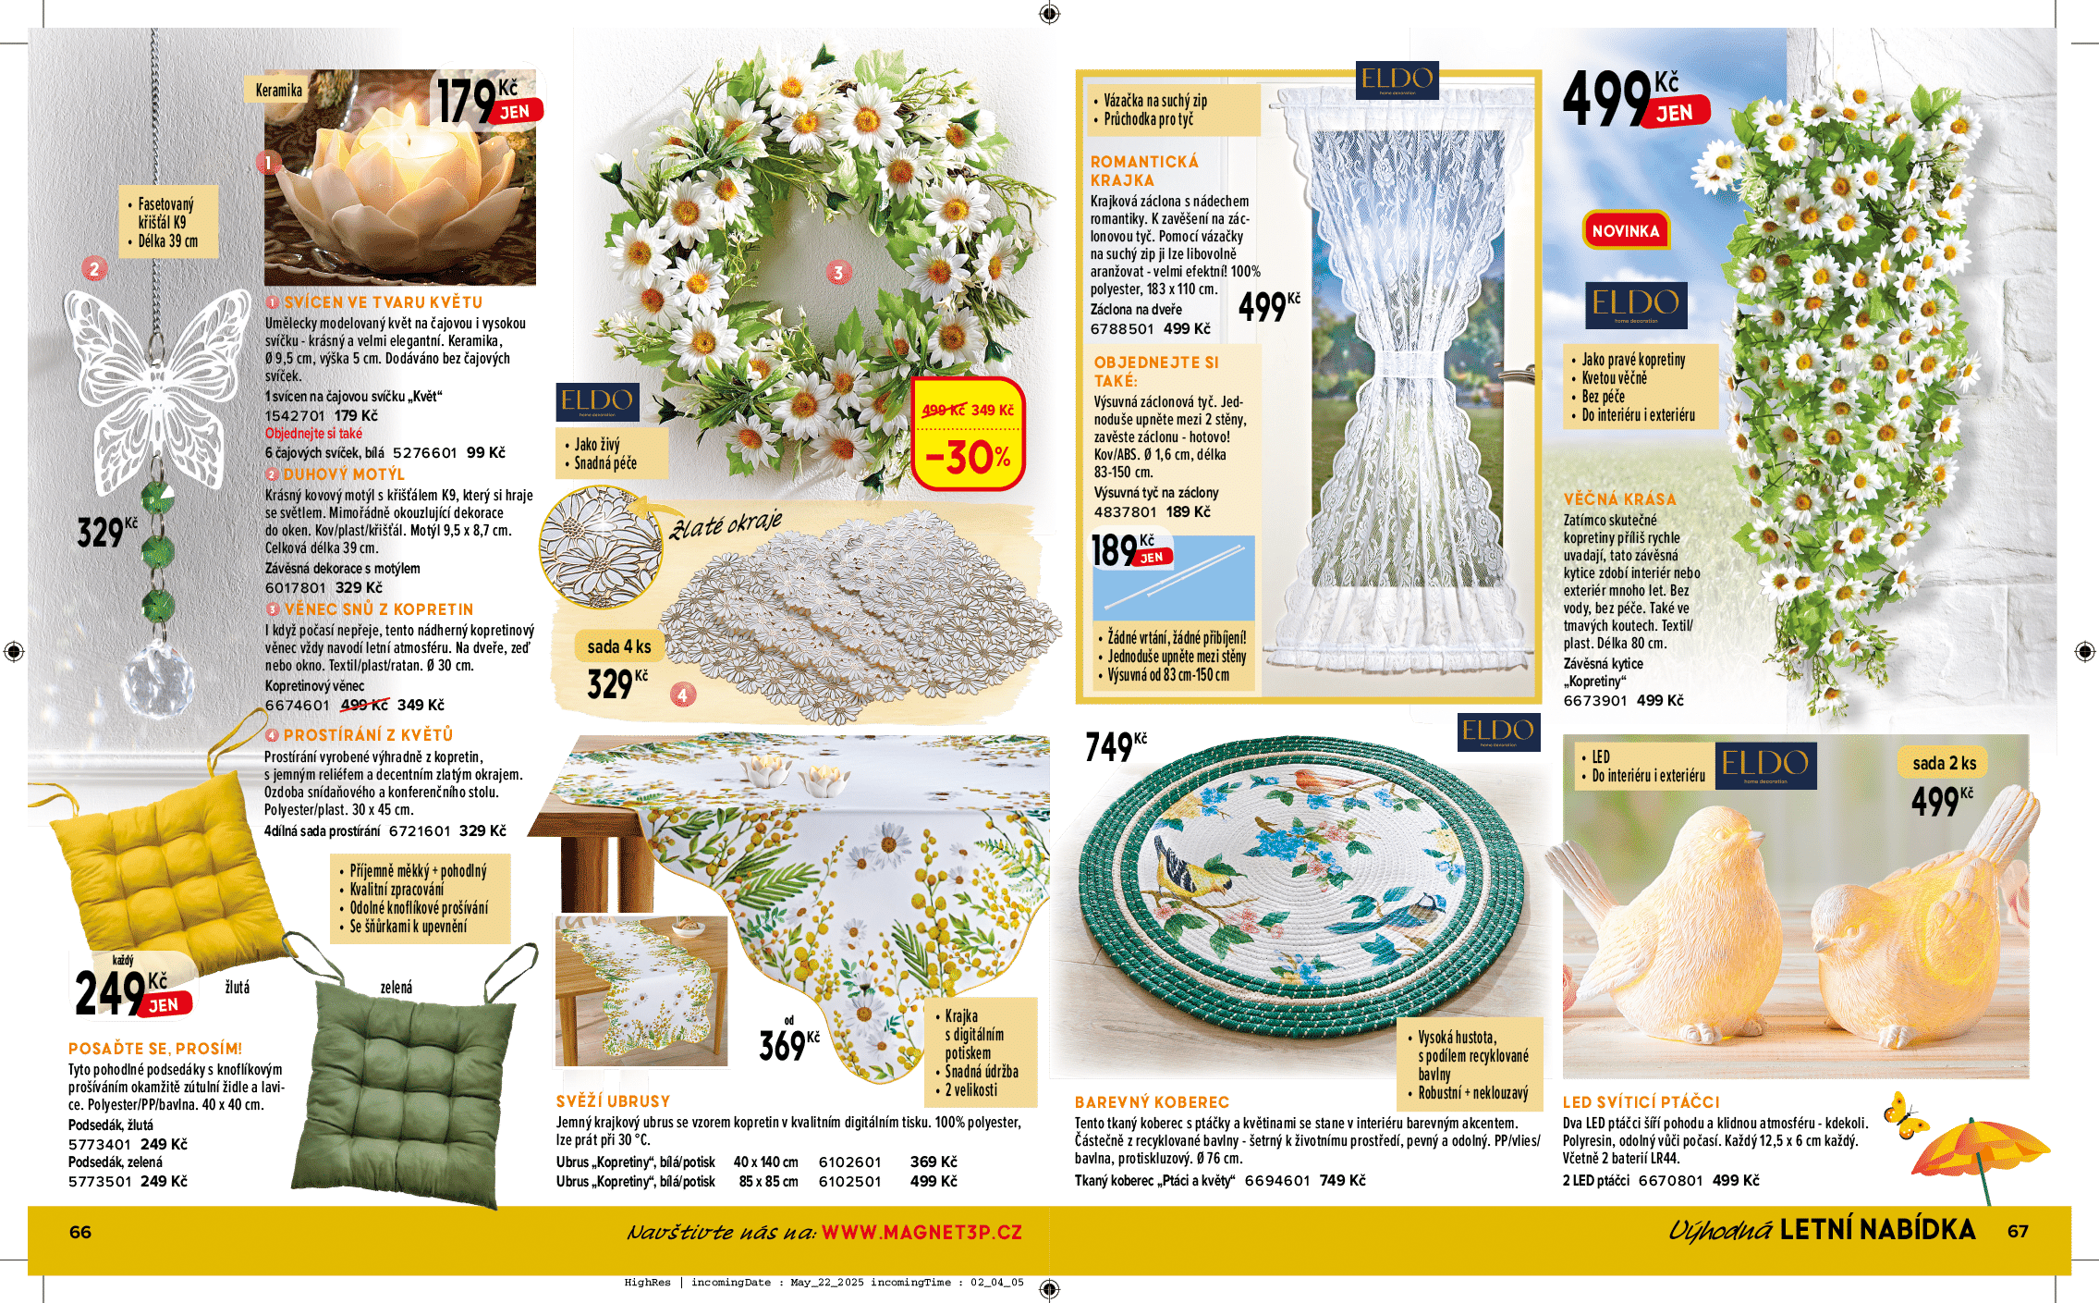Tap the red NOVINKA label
coord(1625,231)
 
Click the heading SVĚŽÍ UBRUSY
coord(613,1101)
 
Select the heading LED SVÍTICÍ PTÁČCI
coord(1641,1102)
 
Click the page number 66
coord(80,1232)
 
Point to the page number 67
coord(2018,1231)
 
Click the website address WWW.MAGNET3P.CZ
coord(921,1232)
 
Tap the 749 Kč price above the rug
coord(1115,745)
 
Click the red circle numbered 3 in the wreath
coord(838,273)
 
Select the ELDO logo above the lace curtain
coord(1397,80)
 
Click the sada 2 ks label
coord(1944,763)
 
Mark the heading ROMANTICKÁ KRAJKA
coord(1144,171)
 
